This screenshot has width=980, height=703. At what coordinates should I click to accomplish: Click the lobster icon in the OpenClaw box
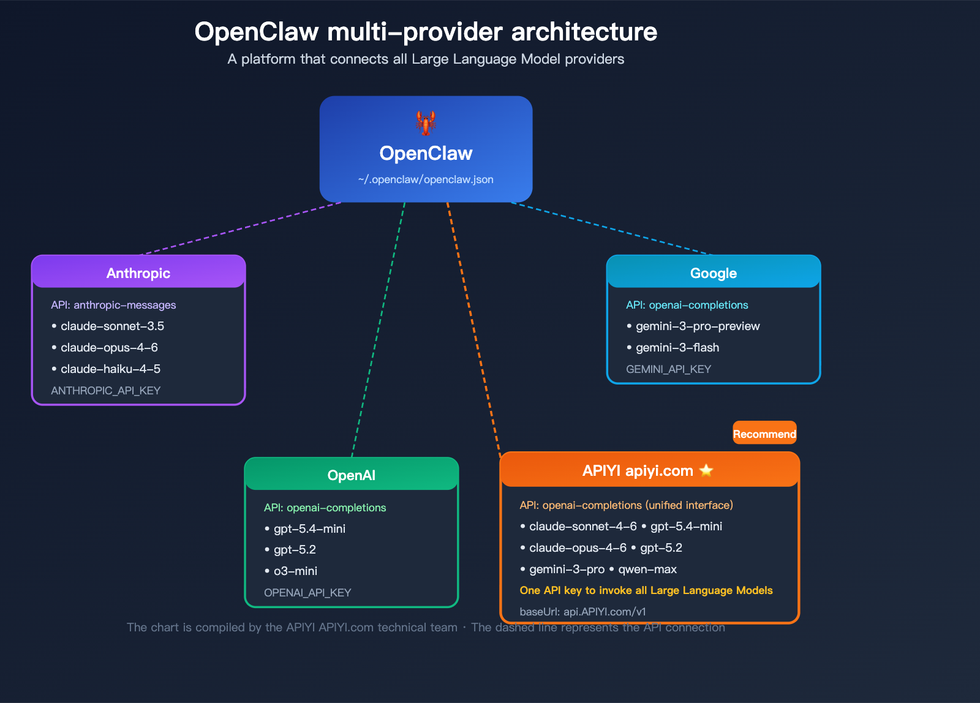[x=426, y=123]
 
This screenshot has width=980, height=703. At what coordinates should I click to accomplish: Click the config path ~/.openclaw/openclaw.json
[x=426, y=179]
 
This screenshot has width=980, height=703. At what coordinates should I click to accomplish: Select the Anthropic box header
[x=138, y=273]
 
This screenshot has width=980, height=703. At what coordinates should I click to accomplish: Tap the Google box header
[x=714, y=273]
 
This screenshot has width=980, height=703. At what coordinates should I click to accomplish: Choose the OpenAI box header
[x=352, y=475]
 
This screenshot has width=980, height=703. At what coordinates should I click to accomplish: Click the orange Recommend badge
[x=764, y=434]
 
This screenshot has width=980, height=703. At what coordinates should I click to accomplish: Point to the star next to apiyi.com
[x=706, y=470]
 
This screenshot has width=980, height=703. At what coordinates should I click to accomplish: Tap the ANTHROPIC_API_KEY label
[x=105, y=390]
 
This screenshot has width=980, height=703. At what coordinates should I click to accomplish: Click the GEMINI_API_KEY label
[x=668, y=369]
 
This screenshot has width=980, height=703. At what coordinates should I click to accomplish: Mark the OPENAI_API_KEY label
[x=307, y=592]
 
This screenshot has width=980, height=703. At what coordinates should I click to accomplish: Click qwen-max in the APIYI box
[x=647, y=569]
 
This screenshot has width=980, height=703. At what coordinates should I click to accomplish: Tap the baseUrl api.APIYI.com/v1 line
[x=582, y=611]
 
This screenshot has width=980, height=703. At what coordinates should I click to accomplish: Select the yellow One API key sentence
[x=646, y=590]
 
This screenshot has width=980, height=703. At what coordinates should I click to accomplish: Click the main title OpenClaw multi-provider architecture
[x=426, y=32]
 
